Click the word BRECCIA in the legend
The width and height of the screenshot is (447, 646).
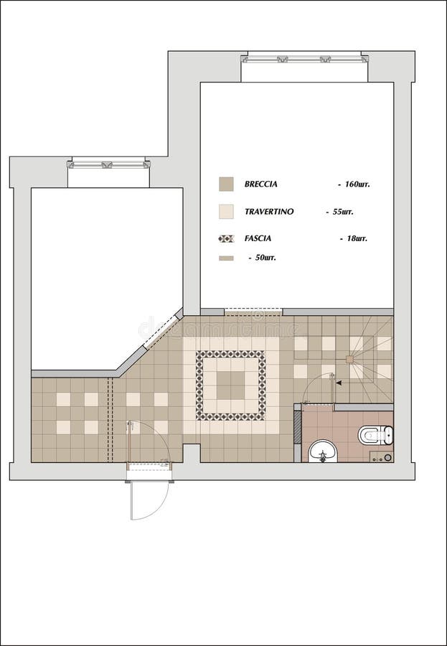coord(260,184)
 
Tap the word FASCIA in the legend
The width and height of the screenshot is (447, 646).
coord(258,238)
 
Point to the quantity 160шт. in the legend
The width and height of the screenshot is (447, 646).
coord(357,184)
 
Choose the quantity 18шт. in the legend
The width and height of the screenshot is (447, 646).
coord(354,238)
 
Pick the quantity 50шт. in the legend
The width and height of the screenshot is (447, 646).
coord(265,257)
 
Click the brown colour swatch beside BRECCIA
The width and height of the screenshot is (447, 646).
coord(226,184)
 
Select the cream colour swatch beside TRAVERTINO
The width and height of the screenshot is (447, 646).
coord(226,212)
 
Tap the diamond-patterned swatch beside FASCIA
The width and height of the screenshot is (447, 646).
coord(226,238)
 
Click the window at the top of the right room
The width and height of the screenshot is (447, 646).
coord(304,58)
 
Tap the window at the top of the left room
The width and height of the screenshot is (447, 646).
coord(109,164)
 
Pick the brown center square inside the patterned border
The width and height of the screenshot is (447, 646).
coord(231,385)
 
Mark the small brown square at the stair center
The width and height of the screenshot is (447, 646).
coord(349,359)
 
